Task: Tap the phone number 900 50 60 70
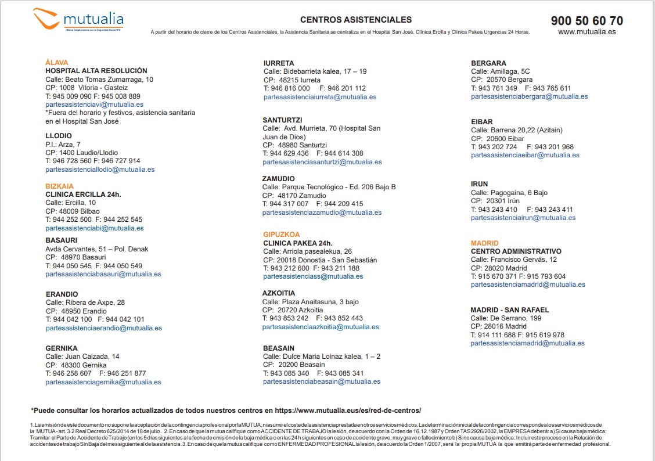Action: click(x=586, y=21)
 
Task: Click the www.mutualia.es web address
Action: click(x=586, y=32)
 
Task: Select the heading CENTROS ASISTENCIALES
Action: click(x=356, y=20)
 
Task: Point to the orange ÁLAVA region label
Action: click(x=57, y=62)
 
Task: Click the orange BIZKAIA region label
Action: click(x=59, y=186)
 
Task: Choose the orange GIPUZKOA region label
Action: click(x=282, y=235)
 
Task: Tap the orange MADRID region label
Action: click(x=484, y=243)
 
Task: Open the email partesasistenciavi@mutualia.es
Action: click(x=93, y=105)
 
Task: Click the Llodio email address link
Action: click(x=100, y=170)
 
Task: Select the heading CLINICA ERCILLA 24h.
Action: click(x=83, y=194)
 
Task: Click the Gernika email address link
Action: click(x=103, y=382)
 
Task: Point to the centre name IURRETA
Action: click(x=279, y=63)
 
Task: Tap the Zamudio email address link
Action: click(x=322, y=213)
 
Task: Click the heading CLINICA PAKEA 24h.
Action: click(x=298, y=243)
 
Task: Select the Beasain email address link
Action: click(x=322, y=381)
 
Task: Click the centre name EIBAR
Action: click(x=482, y=122)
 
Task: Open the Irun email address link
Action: click(x=523, y=218)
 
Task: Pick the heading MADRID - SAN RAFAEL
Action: click(x=509, y=310)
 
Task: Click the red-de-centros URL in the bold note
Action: click(x=348, y=410)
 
